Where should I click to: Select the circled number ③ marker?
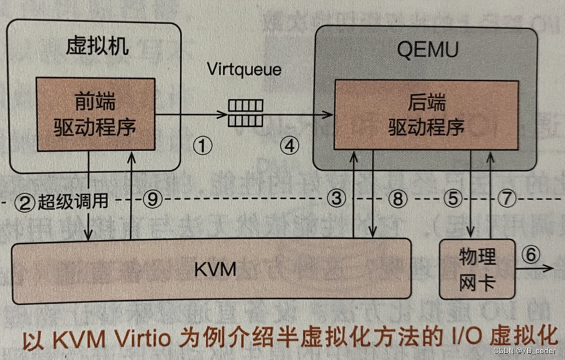tap(336, 199)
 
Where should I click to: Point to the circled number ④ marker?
tap(289, 147)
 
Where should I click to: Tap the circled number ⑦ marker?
tap(507, 199)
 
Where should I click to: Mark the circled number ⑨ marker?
tap(153, 199)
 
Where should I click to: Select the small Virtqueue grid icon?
tap(245, 113)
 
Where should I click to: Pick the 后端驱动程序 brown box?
tap(426, 115)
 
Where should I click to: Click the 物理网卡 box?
tap(477, 269)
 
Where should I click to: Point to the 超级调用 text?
tap(73, 201)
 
